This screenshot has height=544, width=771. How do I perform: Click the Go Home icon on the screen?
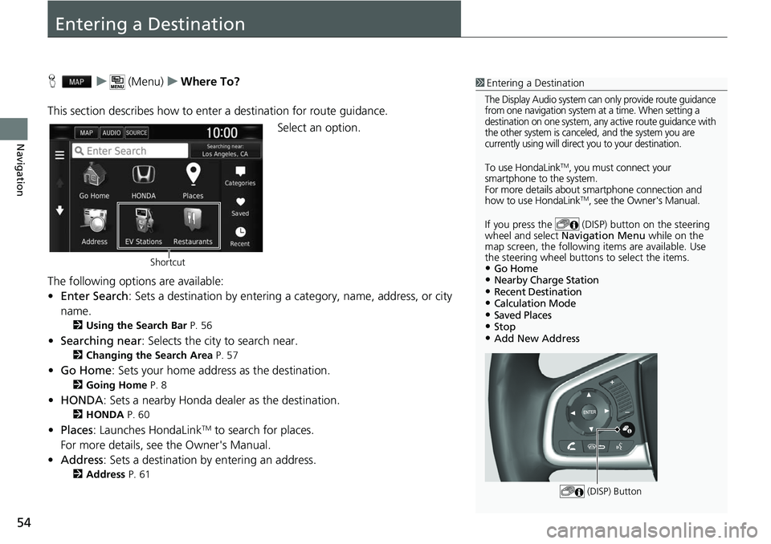(x=94, y=177)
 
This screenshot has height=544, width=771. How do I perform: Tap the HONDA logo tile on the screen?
(x=143, y=177)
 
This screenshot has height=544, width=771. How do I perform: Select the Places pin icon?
(x=193, y=176)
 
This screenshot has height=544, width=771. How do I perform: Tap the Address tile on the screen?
(x=94, y=225)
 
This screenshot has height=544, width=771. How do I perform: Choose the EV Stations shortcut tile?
(x=143, y=225)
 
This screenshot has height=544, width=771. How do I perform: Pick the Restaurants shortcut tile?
(x=193, y=225)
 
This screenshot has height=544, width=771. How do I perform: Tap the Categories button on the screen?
(x=239, y=176)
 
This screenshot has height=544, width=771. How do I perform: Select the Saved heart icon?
(x=239, y=206)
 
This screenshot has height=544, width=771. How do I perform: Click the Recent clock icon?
(x=239, y=236)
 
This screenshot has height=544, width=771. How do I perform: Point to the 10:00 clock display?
(x=222, y=132)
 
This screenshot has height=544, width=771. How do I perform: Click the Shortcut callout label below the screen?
(x=167, y=262)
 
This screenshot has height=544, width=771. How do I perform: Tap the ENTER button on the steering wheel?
(x=589, y=412)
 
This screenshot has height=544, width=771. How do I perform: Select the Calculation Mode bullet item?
(x=535, y=303)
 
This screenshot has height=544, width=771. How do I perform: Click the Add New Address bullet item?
(x=537, y=339)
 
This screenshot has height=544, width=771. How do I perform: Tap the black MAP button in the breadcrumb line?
(x=78, y=82)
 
